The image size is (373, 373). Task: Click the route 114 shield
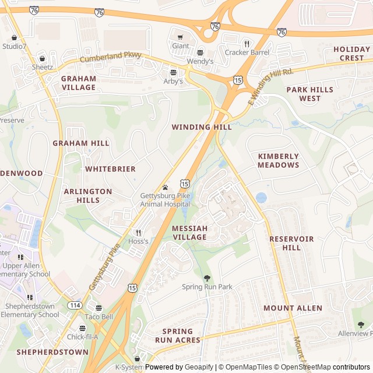(x=74, y=305)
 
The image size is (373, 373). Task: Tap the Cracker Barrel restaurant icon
(x=247, y=44)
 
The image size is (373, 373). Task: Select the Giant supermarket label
(x=180, y=46)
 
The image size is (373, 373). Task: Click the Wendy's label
(x=200, y=61)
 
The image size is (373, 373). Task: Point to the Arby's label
(x=173, y=81)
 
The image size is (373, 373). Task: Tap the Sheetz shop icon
(x=42, y=59)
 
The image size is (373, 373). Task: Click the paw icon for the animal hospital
(x=166, y=188)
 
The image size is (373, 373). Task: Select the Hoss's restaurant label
(x=138, y=241)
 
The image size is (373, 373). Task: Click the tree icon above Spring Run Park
(x=207, y=278)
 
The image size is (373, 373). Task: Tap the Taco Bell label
(x=99, y=316)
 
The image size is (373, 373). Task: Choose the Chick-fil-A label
(x=82, y=337)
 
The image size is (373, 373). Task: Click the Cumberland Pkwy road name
(x=110, y=58)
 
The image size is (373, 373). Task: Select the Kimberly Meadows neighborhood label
(x=279, y=161)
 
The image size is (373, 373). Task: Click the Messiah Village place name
(x=189, y=233)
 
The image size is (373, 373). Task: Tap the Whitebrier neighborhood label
(x=110, y=169)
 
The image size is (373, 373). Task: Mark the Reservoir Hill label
(x=291, y=244)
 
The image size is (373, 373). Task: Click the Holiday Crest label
(x=351, y=54)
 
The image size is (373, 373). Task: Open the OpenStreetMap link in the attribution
(x=307, y=367)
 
